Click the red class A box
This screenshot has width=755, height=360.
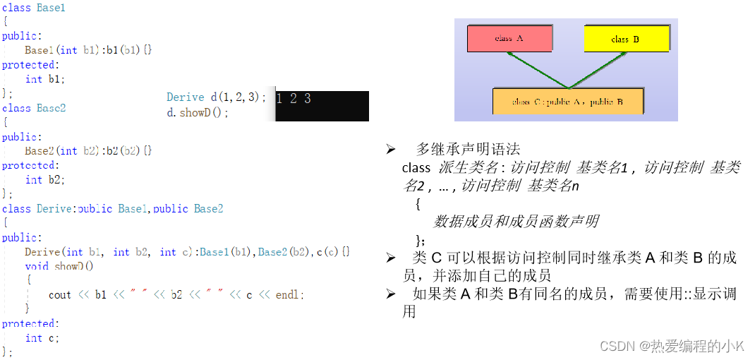tap(509, 39)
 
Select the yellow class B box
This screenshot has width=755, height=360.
tap(625, 39)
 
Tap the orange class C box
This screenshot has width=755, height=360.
tap(568, 102)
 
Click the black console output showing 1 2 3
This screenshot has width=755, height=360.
tap(322, 106)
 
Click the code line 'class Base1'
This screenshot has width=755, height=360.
tap(33, 7)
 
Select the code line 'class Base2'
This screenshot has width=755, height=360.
tap(33, 108)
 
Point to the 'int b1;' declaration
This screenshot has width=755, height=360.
tap(44, 79)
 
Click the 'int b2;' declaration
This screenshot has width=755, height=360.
tap(44, 180)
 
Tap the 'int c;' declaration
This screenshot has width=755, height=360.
tap(42, 337)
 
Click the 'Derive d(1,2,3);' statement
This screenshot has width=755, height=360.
tap(216, 97)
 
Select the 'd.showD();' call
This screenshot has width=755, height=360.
tap(198, 112)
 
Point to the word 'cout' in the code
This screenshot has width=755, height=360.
tap(60, 294)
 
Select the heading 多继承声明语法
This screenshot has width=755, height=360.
tap(468, 149)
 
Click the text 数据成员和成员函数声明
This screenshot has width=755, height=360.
tap(516, 221)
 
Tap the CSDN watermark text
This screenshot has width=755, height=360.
tap(671, 346)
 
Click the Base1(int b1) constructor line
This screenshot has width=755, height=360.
tap(88, 50)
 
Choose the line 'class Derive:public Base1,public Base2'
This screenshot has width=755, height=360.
tap(112, 209)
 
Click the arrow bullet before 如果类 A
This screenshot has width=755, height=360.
tap(390, 294)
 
